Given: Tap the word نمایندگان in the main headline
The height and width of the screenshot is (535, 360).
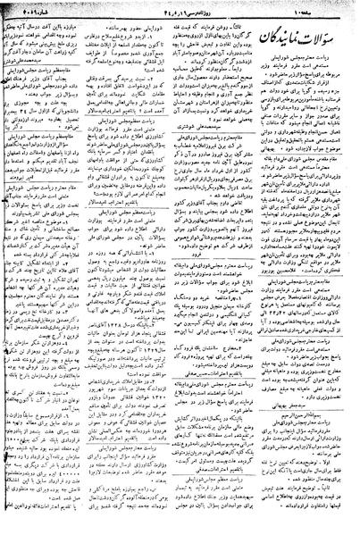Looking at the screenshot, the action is click(x=291, y=35).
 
